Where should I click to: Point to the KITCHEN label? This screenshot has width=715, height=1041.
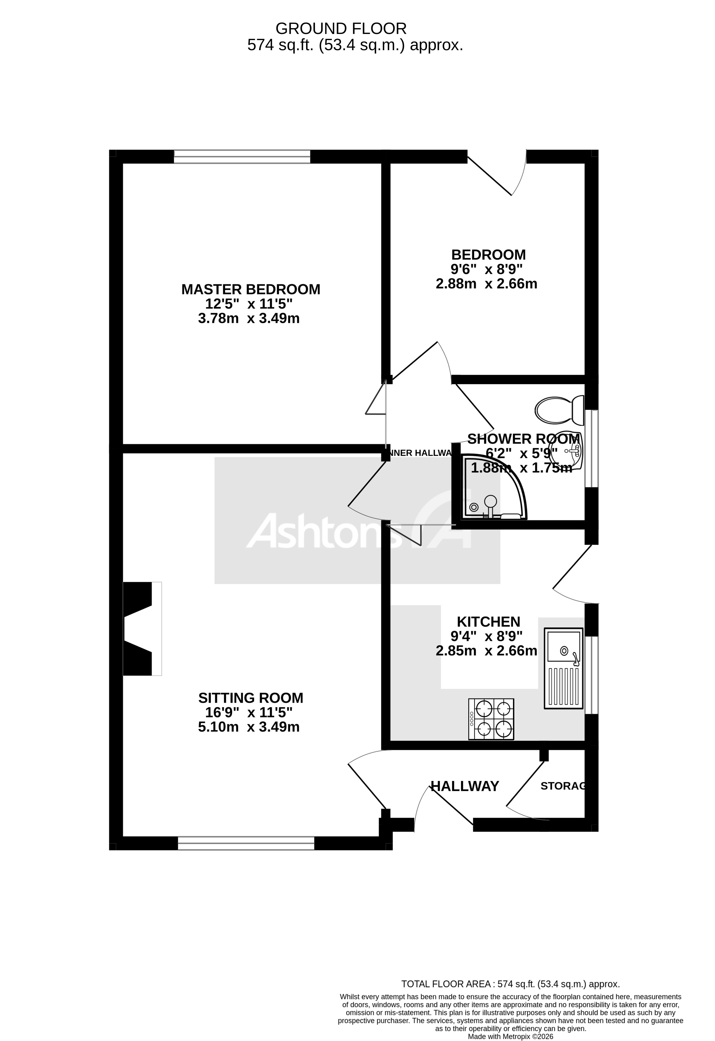click(x=488, y=622)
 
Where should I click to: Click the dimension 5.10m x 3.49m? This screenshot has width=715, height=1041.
click(x=249, y=727)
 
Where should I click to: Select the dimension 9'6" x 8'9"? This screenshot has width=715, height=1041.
click(x=486, y=269)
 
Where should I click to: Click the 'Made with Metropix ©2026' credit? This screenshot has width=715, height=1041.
click(x=510, y=1036)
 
